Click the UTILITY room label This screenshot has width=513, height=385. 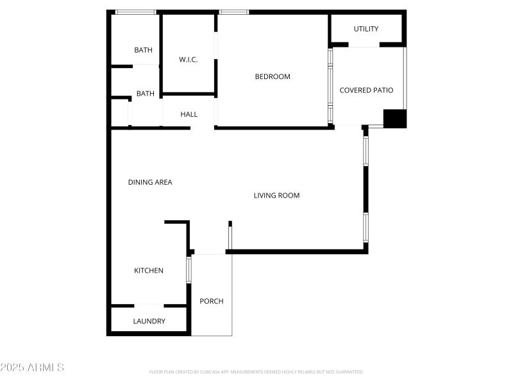366,29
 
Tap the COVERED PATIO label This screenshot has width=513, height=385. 366,90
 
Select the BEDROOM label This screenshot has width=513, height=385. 273,77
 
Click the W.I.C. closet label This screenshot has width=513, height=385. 188,60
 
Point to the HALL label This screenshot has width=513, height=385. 189,114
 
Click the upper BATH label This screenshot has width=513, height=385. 143,50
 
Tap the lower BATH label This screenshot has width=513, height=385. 145,94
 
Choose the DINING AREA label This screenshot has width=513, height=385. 150,182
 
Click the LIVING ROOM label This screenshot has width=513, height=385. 276,196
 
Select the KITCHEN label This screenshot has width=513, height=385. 148,271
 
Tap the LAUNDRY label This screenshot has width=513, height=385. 149,321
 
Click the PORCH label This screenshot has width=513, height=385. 212,301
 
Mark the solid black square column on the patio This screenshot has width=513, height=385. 394,119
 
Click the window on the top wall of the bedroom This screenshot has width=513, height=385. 233,12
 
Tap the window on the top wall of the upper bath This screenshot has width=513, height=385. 135,12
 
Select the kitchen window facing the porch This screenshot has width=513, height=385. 189,269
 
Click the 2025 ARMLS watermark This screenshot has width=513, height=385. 32,368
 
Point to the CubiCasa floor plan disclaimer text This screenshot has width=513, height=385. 256,372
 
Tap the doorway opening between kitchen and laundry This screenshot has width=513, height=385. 149,305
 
